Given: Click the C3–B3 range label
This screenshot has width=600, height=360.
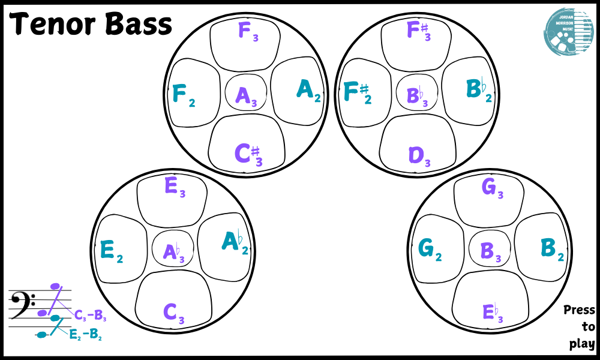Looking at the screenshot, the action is point(90,314).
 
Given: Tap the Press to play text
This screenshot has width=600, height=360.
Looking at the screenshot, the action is point(580,327).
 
